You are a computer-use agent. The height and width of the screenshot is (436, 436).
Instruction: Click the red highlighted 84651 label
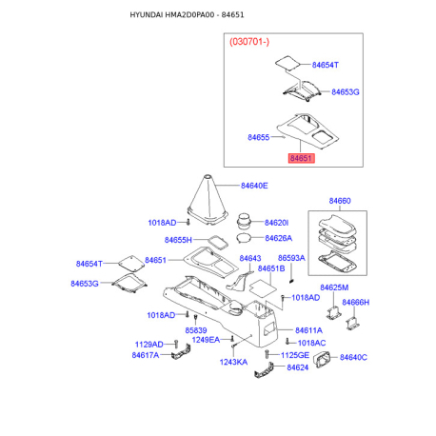click(x=301, y=158)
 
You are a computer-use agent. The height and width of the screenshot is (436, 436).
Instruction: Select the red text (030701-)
click(x=249, y=42)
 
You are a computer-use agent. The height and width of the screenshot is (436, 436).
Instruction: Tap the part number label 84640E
click(x=254, y=186)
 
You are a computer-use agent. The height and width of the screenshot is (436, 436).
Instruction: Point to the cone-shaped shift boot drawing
click(x=208, y=200)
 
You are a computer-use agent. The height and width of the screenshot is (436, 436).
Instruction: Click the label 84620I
click(x=276, y=223)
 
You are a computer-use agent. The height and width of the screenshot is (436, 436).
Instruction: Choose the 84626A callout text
click(x=279, y=238)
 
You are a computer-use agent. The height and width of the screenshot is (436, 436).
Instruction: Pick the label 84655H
click(x=178, y=240)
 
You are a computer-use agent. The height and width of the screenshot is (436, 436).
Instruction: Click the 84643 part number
click(x=250, y=258)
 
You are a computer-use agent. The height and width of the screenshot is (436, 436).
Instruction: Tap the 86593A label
click(x=291, y=258)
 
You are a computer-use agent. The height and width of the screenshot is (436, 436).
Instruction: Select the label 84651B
click(x=271, y=268)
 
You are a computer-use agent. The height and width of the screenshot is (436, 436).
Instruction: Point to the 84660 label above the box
click(x=340, y=201)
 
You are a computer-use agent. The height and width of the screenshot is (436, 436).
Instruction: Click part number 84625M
click(x=334, y=287)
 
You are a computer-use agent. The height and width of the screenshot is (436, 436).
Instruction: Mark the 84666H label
click(x=356, y=303)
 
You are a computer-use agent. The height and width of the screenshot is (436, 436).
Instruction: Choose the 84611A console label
click(x=308, y=330)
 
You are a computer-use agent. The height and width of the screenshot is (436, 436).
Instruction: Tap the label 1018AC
click(x=311, y=343)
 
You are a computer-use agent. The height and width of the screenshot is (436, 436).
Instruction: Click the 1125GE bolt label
click(x=295, y=355)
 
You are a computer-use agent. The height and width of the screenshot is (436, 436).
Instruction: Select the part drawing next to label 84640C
click(x=322, y=360)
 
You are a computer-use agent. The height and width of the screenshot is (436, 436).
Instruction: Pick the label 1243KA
click(x=233, y=362)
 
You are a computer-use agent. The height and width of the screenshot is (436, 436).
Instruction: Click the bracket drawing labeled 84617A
click(x=181, y=352)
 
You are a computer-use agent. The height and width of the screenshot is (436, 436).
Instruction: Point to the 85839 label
click(x=196, y=330)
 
